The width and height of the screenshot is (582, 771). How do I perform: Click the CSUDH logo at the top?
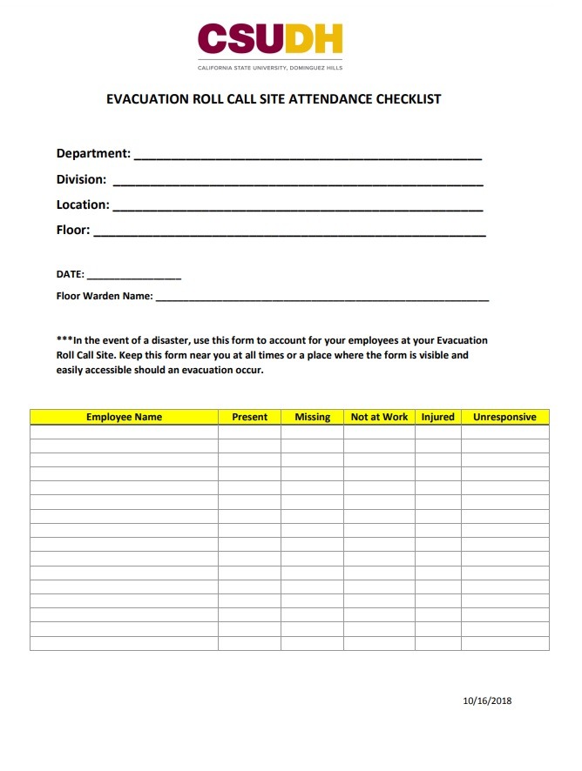[x=269, y=39]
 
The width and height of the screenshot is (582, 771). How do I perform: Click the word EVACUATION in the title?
[x=146, y=99]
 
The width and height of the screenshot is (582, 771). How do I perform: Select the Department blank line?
[x=307, y=157]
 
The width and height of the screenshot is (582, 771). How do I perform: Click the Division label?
[x=81, y=179]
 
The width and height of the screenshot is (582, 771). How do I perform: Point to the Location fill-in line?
[x=297, y=208]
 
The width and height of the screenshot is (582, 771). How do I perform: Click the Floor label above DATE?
[x=72, y=231]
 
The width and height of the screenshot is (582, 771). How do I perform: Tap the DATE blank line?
[x=133, y=277]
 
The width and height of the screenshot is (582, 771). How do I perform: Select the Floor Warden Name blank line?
[x=321, y=298]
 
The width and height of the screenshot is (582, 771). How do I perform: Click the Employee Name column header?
[x=124, y=417]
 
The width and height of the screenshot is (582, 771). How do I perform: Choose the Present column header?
[x=249, y=417]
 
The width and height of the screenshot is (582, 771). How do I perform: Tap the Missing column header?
[x=312, y=417]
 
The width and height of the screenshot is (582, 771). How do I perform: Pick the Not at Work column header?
[x=379, y=417]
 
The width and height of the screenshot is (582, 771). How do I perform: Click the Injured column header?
[x=437, y=417]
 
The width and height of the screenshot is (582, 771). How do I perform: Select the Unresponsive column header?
[x=504, y=417]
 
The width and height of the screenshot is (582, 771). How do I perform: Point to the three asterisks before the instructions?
[x=64, y=339]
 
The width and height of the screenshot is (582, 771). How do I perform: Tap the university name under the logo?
[x=270, y=67]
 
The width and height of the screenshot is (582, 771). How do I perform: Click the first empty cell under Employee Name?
[x=124, y=432]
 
